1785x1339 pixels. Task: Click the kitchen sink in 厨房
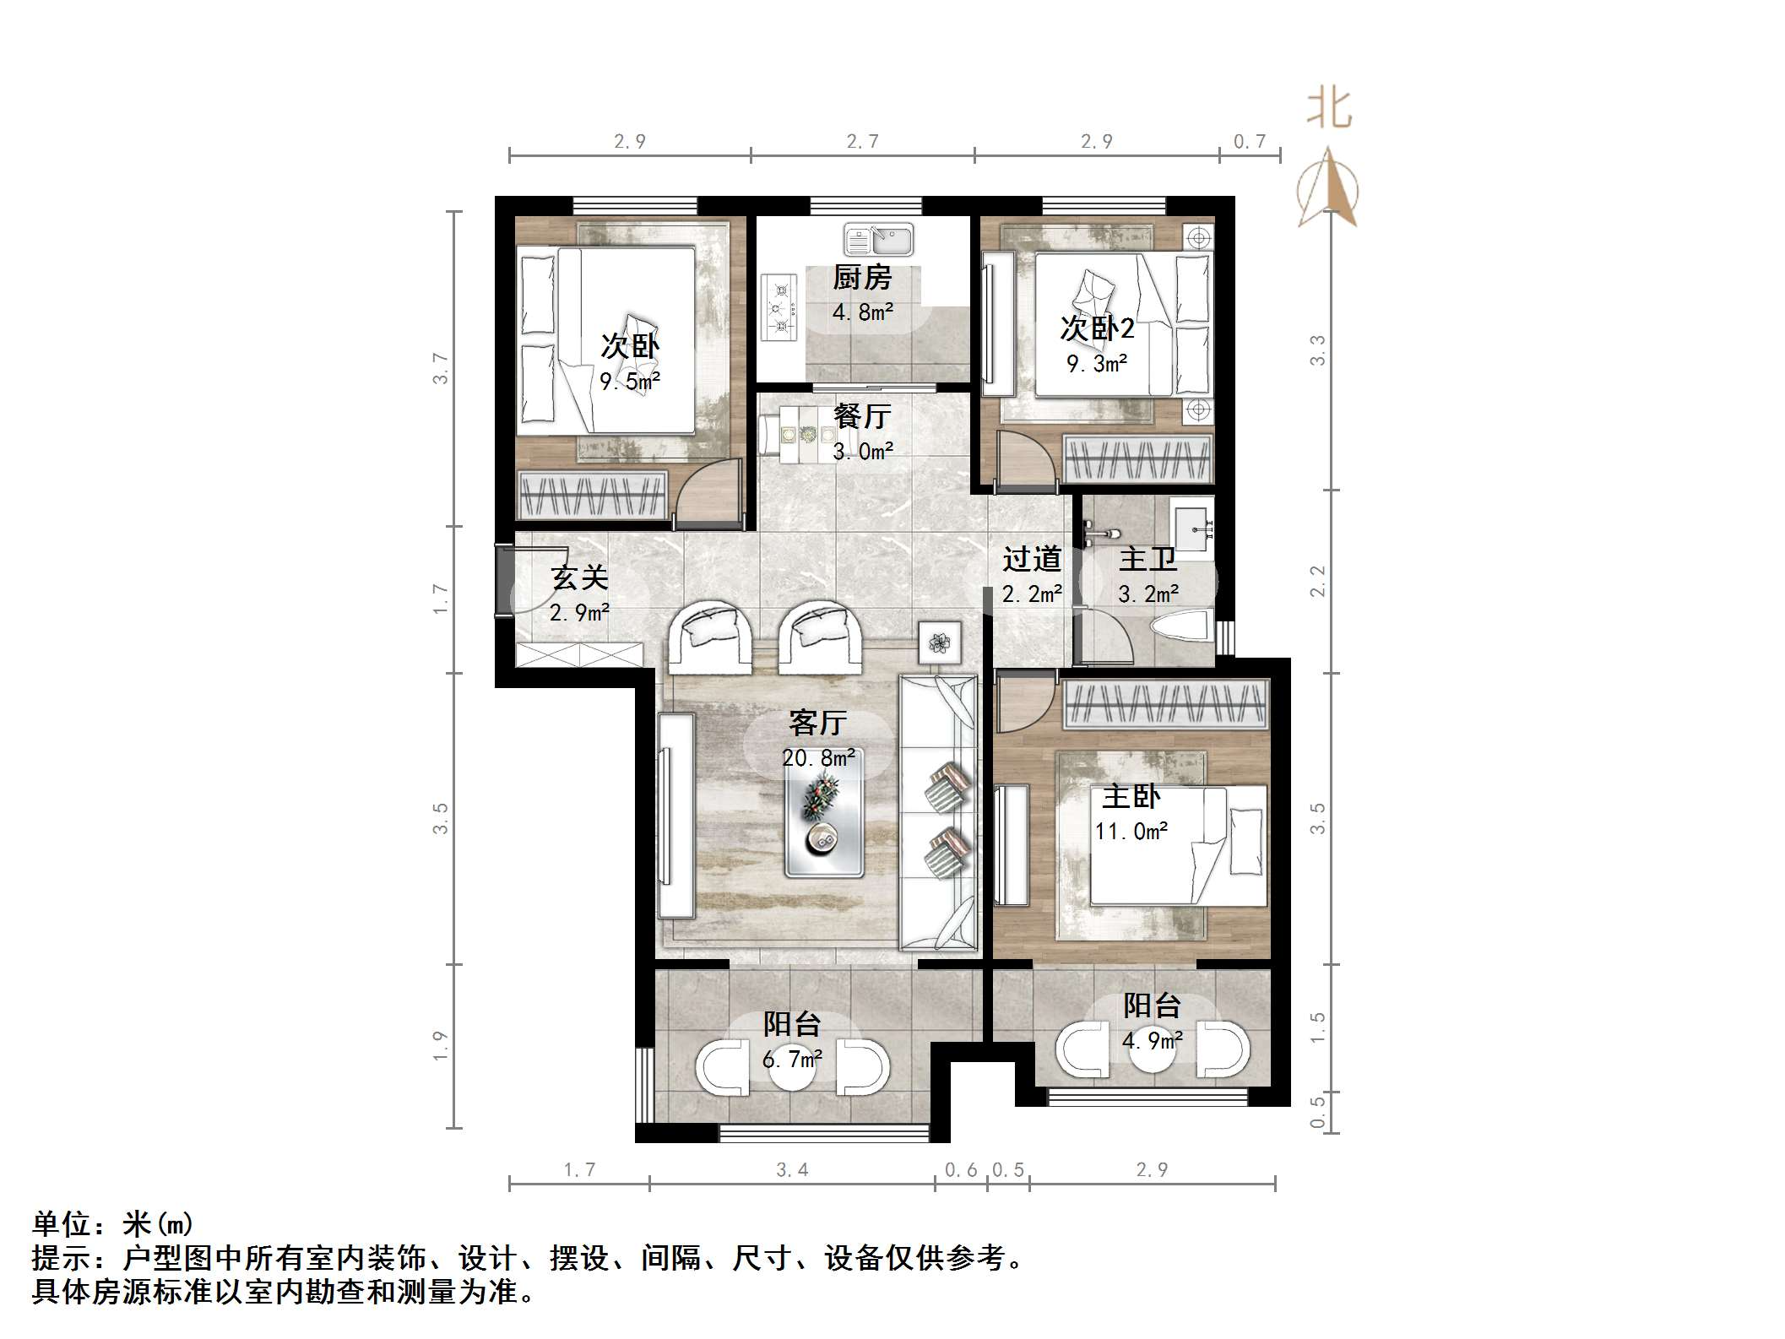[877, 240]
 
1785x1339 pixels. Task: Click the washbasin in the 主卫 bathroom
[1193, 530]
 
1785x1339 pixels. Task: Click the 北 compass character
[1330, 110]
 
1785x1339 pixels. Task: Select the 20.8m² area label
[818, 758]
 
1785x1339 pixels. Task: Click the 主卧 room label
[1131, 796]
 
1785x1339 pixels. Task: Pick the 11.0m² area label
[1131, 832]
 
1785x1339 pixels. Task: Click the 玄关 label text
[579, 578]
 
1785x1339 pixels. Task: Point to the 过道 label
[1032, 559]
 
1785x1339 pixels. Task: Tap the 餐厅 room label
[861, 416]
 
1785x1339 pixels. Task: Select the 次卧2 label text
[1097, 328]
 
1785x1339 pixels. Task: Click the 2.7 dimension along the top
[863, 141]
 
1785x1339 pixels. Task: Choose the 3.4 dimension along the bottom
[792, 1169]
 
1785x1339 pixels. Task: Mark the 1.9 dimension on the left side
[440, 1046]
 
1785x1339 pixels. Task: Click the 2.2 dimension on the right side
[1317, 581]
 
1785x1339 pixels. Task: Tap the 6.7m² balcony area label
[792, 1059]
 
